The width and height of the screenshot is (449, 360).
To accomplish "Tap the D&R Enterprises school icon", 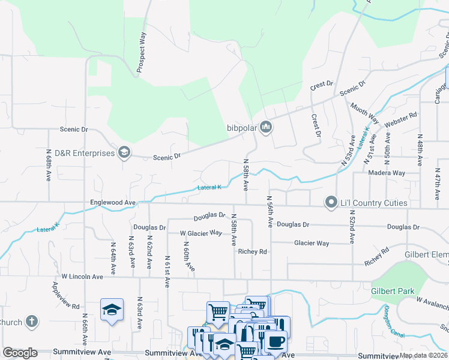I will (x=124, y=152).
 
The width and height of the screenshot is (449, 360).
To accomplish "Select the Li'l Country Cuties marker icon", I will (x=330, y=203).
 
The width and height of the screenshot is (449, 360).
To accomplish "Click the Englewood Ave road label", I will (x=113, y=203).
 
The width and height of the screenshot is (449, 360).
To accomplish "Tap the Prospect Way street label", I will (x=142, y=53).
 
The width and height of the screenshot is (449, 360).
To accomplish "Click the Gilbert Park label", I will (x=393, y=291).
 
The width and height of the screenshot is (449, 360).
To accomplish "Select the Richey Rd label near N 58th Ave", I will (x=252, y=252).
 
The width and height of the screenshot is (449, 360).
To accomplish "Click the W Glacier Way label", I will (x=201, y=233).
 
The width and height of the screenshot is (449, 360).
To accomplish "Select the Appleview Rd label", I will (x=70, y=297).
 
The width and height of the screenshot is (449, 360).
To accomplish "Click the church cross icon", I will (x=32, y=322).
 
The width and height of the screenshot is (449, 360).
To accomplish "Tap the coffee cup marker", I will (x=276, y=341).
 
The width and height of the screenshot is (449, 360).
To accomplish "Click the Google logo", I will (x=20, y=353).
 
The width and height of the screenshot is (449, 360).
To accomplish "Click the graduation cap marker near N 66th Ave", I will (x=112, y=310).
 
